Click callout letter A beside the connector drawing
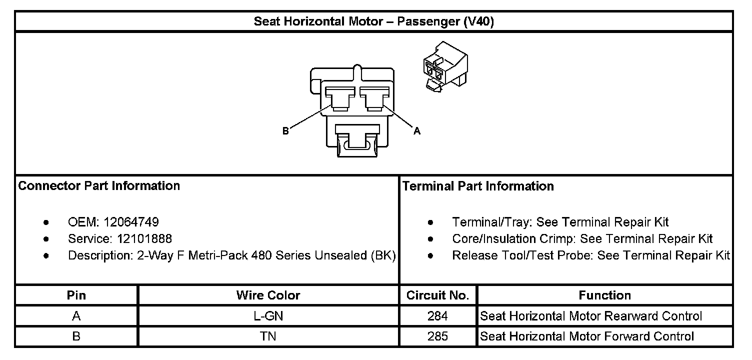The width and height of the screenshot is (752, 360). pos(416,131)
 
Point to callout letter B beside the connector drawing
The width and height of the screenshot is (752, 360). pos(285,131)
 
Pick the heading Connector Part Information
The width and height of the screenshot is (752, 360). pos(99,186)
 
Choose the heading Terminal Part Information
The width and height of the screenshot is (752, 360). pos(478,186)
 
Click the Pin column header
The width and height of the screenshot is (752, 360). pos(76,295)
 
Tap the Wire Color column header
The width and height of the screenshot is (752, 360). pos(268,295)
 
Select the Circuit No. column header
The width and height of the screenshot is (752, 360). pos(437,295)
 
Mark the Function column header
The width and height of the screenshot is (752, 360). pos(604,295)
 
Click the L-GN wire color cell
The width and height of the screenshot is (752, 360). pos(268,316)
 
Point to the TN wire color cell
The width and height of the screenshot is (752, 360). pos(268,336)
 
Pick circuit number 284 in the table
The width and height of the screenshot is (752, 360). pos(437,316)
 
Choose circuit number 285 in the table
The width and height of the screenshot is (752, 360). pos(437,336)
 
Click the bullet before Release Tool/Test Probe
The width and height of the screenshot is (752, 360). pos(431,256)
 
